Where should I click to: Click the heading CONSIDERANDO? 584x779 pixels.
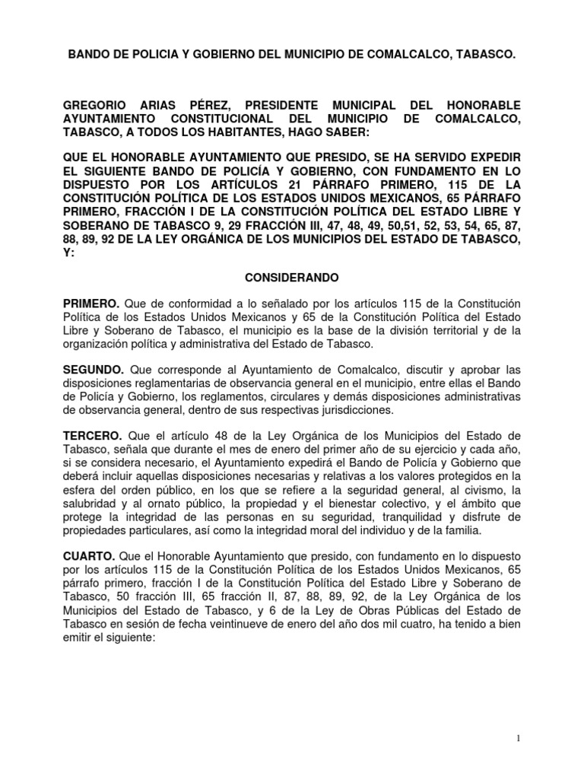click(x=291, y=279)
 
